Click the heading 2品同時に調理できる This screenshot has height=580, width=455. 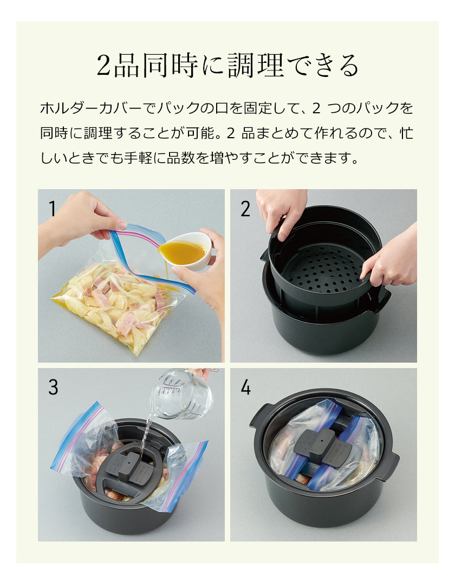click(227, 66)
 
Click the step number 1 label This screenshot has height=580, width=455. click(52, 209)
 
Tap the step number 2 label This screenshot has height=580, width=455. click(245, 209)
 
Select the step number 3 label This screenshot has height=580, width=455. click(53, 387)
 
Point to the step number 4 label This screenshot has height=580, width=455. click(246, 387)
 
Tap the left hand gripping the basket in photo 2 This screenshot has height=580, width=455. click(282, 211)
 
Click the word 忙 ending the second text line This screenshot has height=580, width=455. click(406, 133)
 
